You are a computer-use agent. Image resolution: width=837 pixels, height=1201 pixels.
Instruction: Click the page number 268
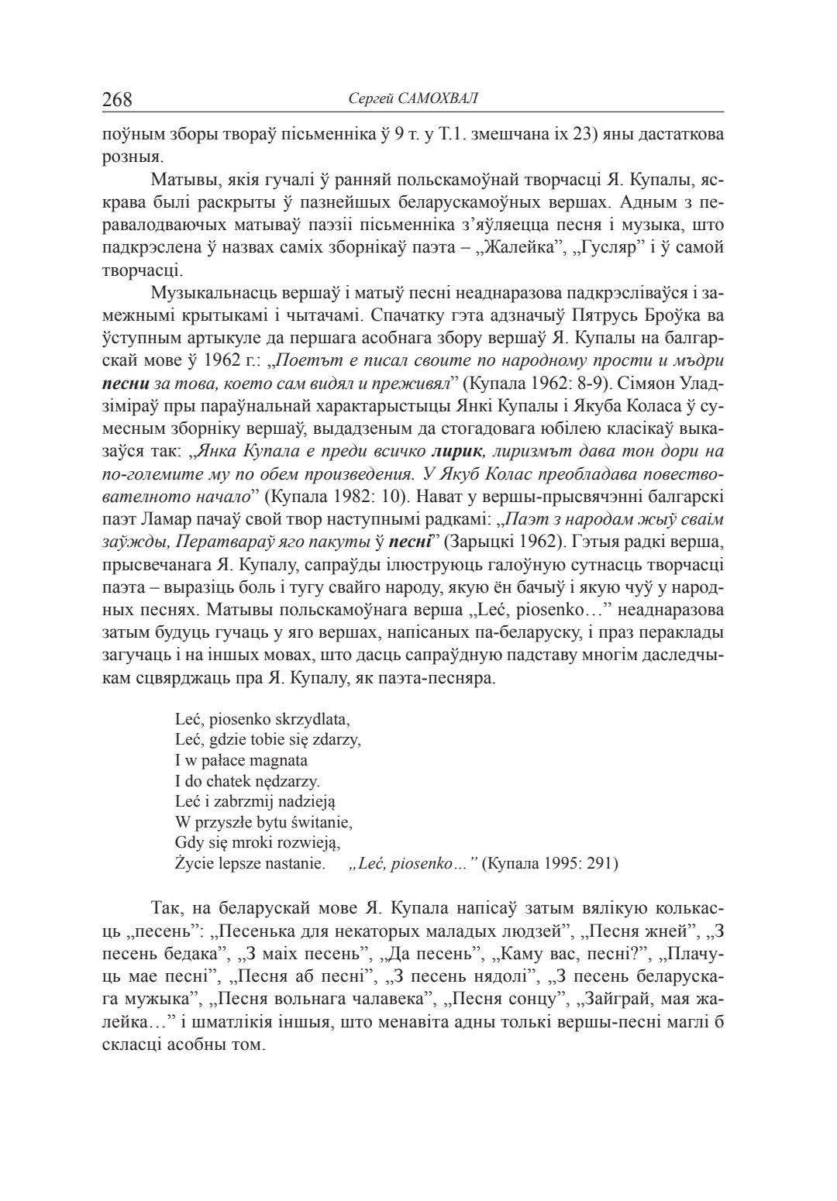click(x=118, y=99)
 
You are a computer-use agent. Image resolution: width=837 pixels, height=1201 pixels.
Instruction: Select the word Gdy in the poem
click(x=188, y=841)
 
